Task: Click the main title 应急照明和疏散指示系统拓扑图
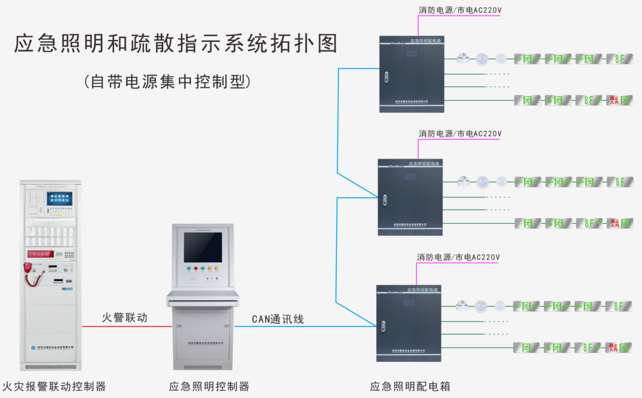176,43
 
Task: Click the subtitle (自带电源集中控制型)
166,82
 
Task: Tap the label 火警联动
125,317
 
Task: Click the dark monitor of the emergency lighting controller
203,248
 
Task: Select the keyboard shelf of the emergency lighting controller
203,297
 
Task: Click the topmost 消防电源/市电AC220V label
459,10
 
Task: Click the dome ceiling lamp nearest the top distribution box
463,59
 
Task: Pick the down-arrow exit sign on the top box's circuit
554,100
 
